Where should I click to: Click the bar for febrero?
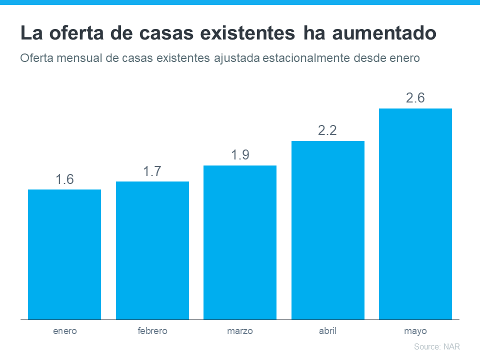[152, 250]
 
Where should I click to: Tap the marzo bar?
[240, 242]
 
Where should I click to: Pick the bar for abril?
[328, 230]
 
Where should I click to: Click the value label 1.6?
[64, 179]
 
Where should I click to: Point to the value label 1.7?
[152, 171]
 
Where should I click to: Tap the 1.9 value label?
[240, 155]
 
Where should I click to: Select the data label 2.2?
[328, 130]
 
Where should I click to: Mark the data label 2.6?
[415, 98]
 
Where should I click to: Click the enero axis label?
[64, 331]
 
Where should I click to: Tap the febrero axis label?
[152, 331]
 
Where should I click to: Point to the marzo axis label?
[240, 331]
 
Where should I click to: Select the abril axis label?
[328, 331]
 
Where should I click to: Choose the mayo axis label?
[415, 331]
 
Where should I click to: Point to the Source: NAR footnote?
[437, 346]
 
